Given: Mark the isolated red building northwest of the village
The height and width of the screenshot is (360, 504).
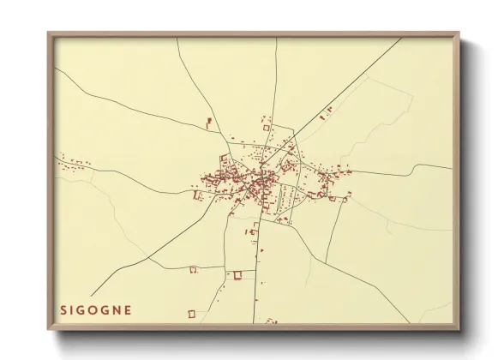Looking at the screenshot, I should (x=208, y=122).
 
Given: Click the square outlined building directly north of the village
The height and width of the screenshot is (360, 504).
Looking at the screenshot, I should (x=266, y=128).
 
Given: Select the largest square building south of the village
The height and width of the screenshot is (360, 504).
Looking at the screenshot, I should (x=238, y=274).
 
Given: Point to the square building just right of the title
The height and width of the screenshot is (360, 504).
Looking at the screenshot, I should (x=193, y=313).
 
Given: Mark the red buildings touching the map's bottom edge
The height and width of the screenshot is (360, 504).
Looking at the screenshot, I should (x=272, y=321).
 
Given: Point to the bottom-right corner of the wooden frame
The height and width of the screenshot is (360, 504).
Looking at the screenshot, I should (x=459, y=329).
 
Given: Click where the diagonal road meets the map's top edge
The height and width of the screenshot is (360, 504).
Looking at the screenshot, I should (x=401, y=39).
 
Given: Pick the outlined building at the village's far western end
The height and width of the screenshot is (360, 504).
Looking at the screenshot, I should (x=197, y=195).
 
